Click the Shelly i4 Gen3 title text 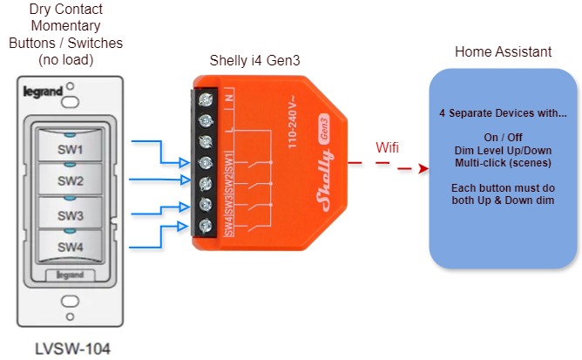point(258,60)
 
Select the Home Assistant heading point(503,52)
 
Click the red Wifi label point(388,147)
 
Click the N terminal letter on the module point(228,98)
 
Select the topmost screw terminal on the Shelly point(206,98)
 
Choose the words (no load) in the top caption point(66,58)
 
